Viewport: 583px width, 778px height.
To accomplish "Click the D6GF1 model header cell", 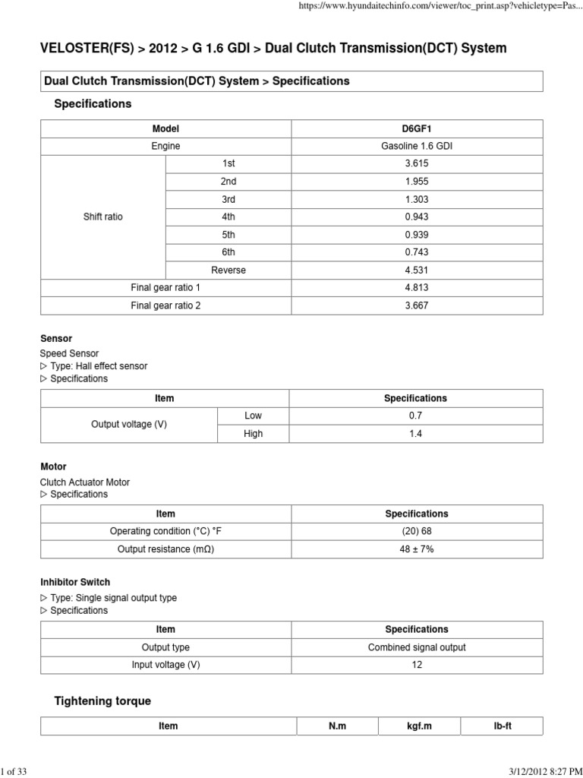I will [416, 129].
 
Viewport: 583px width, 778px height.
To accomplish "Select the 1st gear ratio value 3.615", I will [416, 163].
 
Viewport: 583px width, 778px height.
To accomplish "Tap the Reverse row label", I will [228, 270].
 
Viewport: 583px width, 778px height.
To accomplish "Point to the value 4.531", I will [416, 270].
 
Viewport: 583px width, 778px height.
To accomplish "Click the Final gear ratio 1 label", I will [165, 288].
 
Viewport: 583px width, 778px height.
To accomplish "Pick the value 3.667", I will [416, 305].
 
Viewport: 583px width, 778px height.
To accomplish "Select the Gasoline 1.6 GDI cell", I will [416, 146].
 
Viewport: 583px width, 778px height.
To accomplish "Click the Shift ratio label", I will [102, 217].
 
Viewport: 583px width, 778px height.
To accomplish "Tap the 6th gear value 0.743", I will [416, 252].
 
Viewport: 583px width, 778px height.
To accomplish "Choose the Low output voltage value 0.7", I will [415, 416].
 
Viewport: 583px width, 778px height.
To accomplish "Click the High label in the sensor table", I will [254, 434].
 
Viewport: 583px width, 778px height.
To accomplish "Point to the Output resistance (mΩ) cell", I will [165, 549].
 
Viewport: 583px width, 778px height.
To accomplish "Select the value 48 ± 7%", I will [417, 549].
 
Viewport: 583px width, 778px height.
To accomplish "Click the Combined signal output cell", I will [417, 647].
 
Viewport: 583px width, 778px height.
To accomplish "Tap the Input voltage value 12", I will [417, 665].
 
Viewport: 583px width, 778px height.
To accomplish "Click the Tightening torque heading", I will [102, 701].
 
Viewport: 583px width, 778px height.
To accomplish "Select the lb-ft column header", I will [503, 726].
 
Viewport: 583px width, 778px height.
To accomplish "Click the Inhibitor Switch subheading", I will [74, 582].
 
